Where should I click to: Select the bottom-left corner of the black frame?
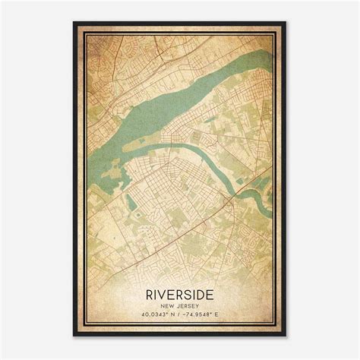(74, 336)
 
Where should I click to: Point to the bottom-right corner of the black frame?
(287, 336)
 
